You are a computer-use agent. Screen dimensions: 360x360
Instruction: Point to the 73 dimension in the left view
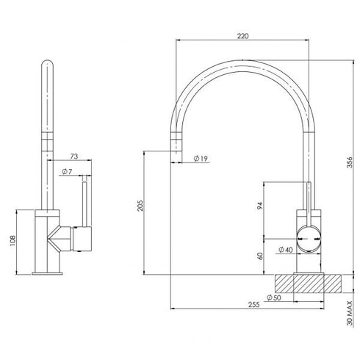[73, 157]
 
